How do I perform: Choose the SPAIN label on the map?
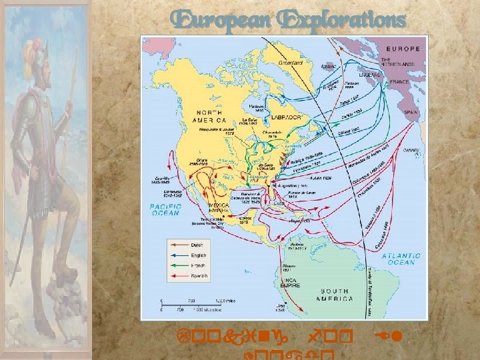(411, 113)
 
